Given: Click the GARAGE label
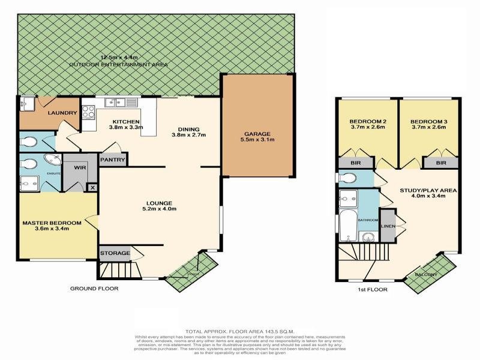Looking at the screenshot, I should click(x=257, y=134).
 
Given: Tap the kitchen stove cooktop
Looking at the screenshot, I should click(x=88, y=112).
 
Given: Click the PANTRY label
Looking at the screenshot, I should click(x=113, y=160).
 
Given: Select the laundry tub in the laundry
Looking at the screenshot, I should click(x=26, y=103).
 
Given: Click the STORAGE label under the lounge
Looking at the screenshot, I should click(x=115, y=253).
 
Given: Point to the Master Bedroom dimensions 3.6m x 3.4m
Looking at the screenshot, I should click(x=52, y=229).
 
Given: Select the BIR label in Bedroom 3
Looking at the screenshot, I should click(x=442, y=163).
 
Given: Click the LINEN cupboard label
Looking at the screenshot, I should click(x=387, y=225).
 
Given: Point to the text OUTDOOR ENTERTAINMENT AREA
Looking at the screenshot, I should click(x=118, y=64).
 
